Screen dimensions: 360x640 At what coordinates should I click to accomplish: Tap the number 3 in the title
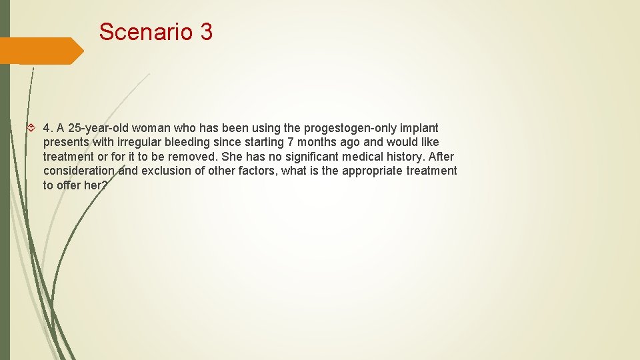coord(205,31)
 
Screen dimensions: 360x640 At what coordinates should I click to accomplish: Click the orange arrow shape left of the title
coord(41,51)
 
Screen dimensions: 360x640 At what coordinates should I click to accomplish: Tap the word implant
coord(420,128)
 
